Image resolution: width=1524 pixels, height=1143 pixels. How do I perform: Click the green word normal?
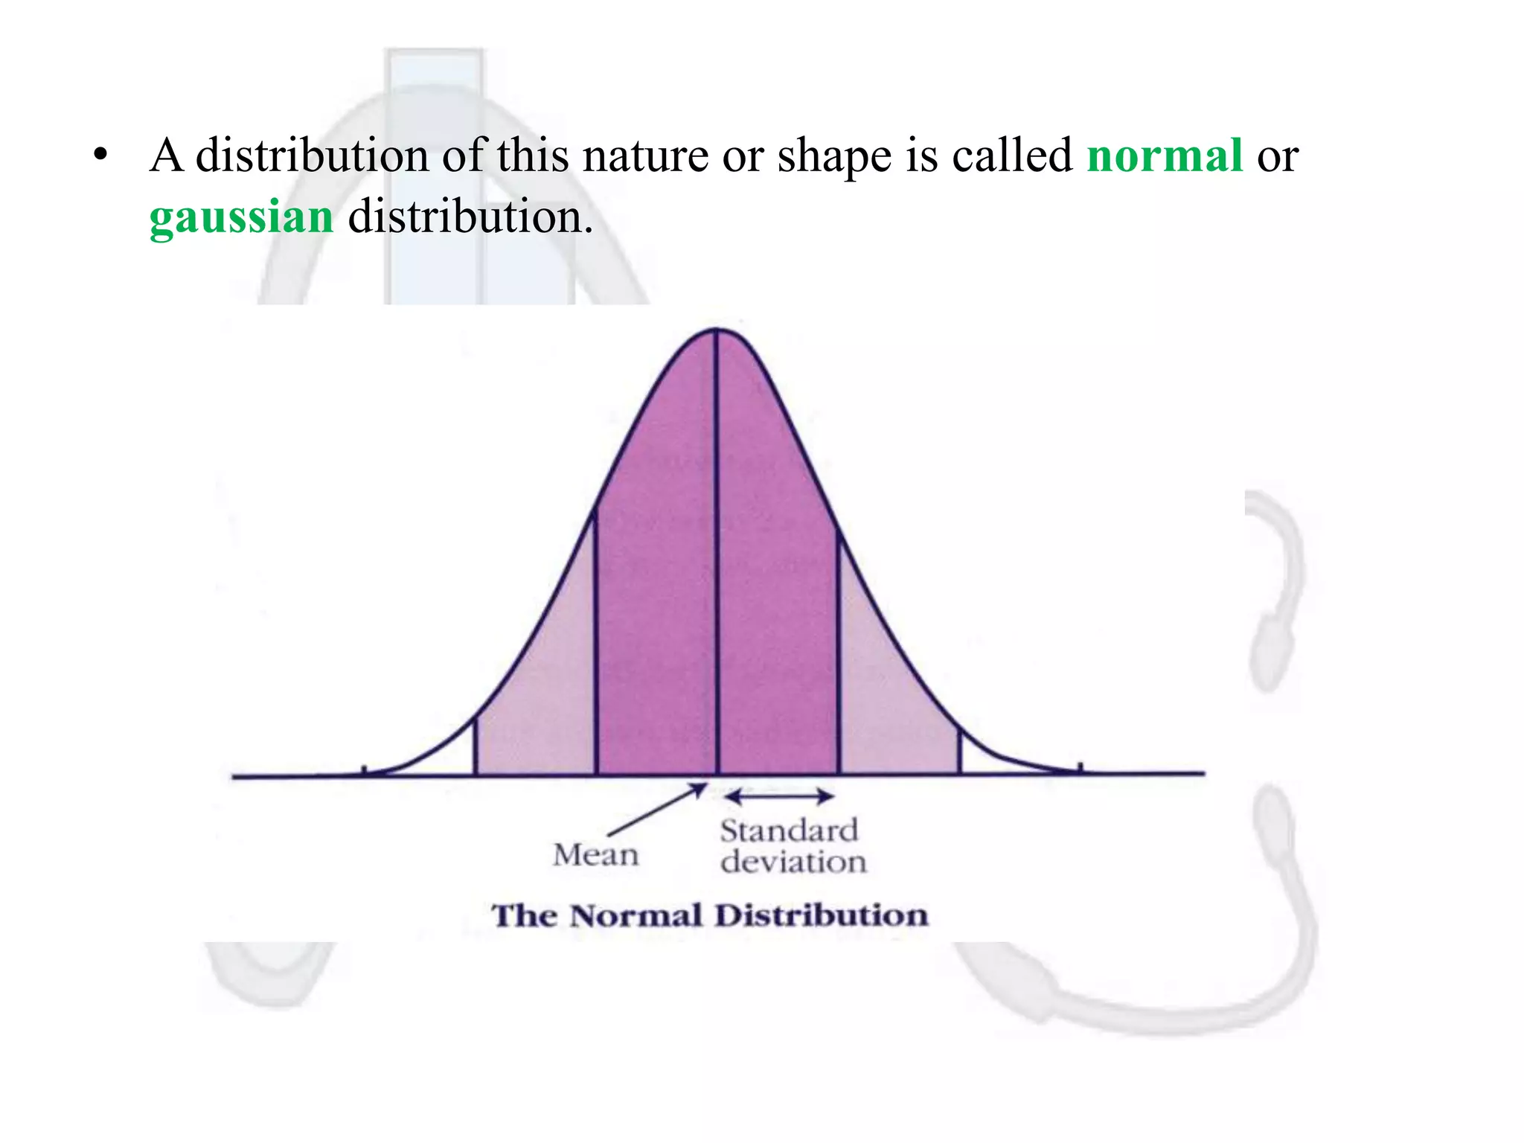coord(1165,156)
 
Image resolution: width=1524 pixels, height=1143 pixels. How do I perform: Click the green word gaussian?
coord(241,217)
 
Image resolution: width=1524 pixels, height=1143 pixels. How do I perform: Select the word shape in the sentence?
coord(834,156)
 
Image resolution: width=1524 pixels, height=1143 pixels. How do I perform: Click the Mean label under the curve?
coord(595,855)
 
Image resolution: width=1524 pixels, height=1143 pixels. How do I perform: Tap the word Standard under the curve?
coord(789,830)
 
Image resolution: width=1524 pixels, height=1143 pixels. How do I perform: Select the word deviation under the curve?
coord(793,862)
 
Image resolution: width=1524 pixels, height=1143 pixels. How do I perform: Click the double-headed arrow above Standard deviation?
coord(779,797)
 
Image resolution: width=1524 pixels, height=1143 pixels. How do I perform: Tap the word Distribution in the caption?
coord(822,915)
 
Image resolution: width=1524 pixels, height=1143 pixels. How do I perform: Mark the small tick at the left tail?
coord(364,770)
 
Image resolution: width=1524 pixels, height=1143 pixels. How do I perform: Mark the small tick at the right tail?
coord(1080,768)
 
